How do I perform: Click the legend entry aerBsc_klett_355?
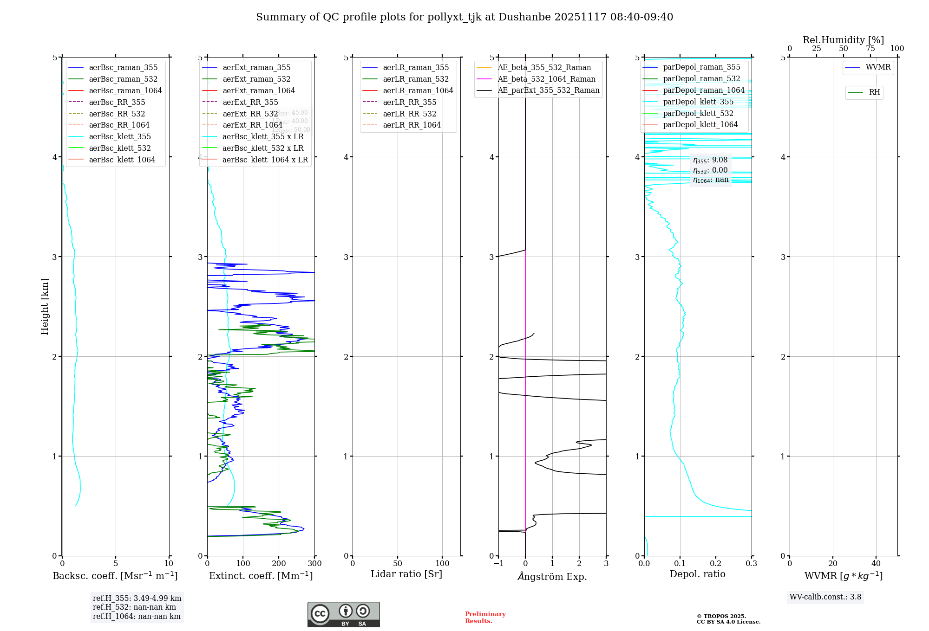(x=120, y=137)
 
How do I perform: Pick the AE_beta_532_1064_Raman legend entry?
(x=546, y=79)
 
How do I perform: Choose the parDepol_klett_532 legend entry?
(x=698, y=114)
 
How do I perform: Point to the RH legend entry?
(x=874, y=93)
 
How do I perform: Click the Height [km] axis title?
(x=45, y=307)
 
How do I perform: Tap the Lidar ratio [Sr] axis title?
(x=406, y=574)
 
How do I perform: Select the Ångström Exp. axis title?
(x=552, y=577)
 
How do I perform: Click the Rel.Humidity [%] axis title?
(x=843, y=40)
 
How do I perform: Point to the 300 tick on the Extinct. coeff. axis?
(x=315, y=564)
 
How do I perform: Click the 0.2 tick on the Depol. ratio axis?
(x=716, y=564)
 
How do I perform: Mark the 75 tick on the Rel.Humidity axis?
(x=870, y=49)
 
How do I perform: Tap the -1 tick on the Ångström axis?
(x=498, y=564)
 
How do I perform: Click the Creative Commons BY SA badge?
(x=343, y=614)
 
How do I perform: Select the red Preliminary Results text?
(x=485, y=618)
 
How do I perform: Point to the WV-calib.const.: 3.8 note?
(x=825, y=597)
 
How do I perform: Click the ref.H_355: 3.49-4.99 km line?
(x=137, y=599)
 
